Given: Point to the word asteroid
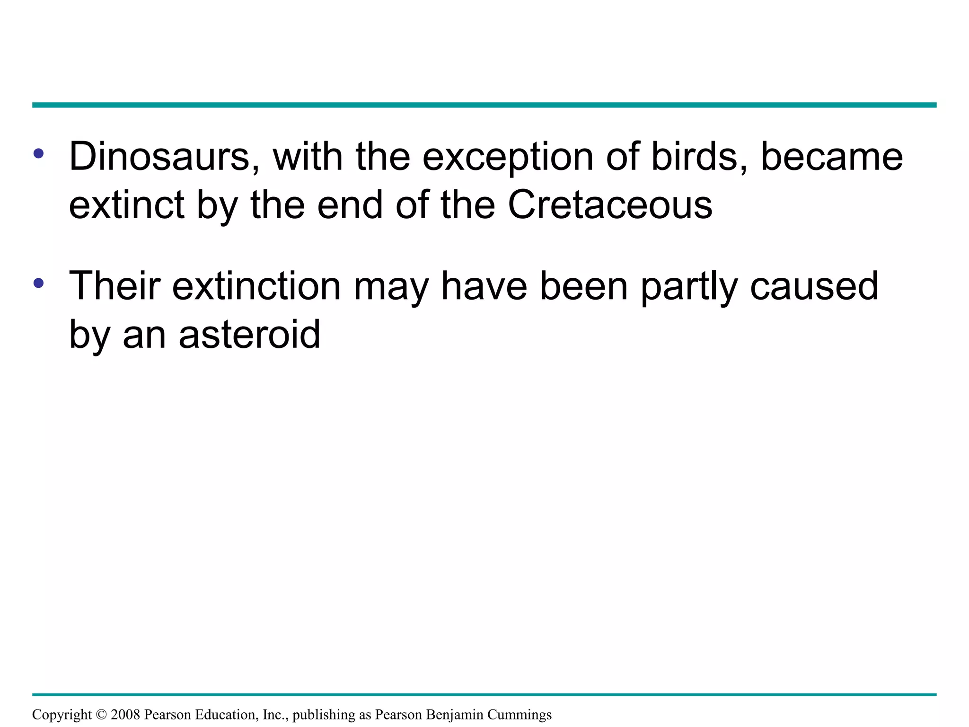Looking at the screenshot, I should pyautogui.click(x=249, y=334).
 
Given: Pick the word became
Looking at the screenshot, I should pyautogui.click(x=831, y=157).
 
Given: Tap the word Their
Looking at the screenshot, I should pyautogui.click(x=115, y=286).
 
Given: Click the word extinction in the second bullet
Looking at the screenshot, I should pyautogui.click(x=256, y=286).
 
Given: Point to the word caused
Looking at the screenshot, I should pyautogui.click(x=814, y=286).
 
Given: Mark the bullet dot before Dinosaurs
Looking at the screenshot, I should pyautogui.click(x=39, y=153).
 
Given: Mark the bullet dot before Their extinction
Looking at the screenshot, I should pyautogui.click(x=39, y=283).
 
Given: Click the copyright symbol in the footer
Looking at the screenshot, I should pyautogui.click(x=101, y=714).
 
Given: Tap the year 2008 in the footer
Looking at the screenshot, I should pyautogui.click(x=125, y=714).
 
